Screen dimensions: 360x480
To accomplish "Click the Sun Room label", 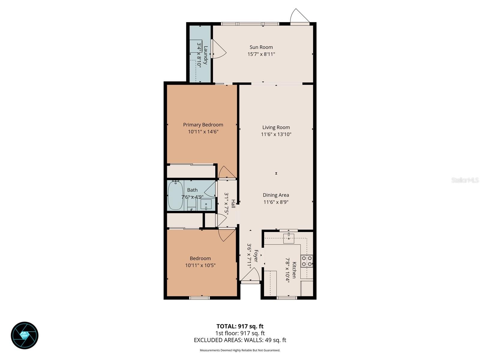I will [261, 47].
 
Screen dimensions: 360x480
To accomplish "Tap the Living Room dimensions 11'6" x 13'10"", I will [276, 134].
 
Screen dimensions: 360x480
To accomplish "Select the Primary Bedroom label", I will [203, 125].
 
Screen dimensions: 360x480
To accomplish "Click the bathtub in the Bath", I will [175, 195].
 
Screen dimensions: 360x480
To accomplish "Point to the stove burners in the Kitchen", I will [307, 261].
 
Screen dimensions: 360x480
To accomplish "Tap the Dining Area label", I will [276, 195].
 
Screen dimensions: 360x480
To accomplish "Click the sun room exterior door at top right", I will [299, 16].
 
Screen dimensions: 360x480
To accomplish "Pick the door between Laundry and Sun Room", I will [218, 49].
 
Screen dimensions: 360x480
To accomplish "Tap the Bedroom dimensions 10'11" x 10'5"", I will [200, 265].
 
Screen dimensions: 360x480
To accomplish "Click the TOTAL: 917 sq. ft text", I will [240, 326].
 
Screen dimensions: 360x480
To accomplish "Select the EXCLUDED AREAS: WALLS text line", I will [240, 340].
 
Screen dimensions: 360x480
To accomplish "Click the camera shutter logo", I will [25, 335].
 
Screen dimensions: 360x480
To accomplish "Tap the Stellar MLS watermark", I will [465, 180].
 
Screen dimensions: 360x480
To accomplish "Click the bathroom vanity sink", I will [206, 205].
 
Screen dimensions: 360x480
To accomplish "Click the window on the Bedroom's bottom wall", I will [199, 298].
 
